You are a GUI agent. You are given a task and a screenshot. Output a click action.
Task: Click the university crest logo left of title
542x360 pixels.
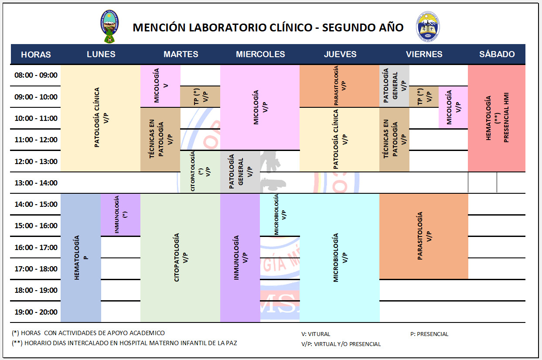pyautogui.click(x=109, y=27)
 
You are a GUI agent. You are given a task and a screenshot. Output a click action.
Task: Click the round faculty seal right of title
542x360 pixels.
pyautogui.click(x=428, y=27)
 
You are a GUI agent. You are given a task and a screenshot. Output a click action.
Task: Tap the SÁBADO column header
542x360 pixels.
pyautogui.click(x=497, y=55)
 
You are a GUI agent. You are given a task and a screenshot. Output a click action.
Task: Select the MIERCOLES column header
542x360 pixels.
pyautogui.click(x=260, y=55)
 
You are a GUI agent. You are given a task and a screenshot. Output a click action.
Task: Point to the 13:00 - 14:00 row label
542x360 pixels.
pyautogui.click(x=36, y=183)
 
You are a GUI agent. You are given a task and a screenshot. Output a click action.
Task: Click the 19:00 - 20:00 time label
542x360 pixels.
pyautogui.click(x=36, y=312)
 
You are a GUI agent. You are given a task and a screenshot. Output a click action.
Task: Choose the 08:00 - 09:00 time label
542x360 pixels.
pyautogui.click(x=36, y=75)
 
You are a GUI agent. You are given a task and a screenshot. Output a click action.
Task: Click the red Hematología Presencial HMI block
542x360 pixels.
pyautogui.click(x=497, y=118)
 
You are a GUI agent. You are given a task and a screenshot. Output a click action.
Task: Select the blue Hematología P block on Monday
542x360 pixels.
pyautogui.click(x=81, y=257)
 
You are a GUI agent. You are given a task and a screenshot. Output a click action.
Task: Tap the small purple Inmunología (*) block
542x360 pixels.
pyautogui.click(x=121, y=214)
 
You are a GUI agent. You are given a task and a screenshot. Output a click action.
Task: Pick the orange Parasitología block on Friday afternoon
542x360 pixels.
pyautogui.click(x=423, y=236)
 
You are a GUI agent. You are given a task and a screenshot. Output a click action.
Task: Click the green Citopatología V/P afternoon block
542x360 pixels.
pyautogui.click(x=180, y=257)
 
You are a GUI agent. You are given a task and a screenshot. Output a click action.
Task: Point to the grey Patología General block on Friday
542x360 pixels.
pyautogui.click(x=394, y=86)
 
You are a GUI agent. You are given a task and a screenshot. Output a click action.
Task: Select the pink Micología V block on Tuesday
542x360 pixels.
pyautogui.click(x=160, y=86)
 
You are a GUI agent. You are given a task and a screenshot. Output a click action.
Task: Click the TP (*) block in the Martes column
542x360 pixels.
pyautogui.click(x=200, y=96)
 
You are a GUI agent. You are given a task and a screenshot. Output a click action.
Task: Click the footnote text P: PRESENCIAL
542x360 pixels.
pyautogui.click(x=429, y=334)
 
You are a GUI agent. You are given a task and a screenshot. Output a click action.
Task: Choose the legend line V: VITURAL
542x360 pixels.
pyautogui.click(x=316, y=334)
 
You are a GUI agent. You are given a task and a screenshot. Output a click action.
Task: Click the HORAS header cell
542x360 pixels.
pyautogui.click(x=36, y=55)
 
